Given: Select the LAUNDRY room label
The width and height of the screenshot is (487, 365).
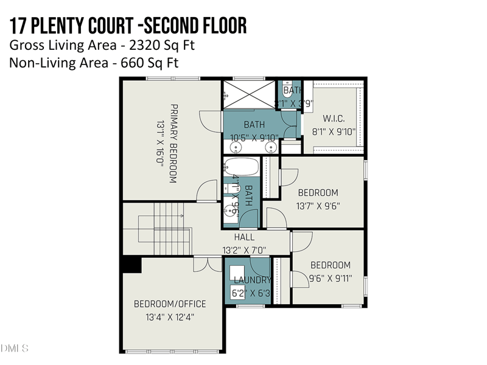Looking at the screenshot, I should coord(252,280).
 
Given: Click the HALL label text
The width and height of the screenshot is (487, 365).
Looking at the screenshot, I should coord(244,237).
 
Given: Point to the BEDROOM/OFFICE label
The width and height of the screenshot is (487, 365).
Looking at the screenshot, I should coord(170,304).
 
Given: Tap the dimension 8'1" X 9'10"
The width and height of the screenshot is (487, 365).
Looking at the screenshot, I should coord(334,131).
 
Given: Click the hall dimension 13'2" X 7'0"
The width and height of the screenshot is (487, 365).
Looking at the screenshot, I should coord(244,249).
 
